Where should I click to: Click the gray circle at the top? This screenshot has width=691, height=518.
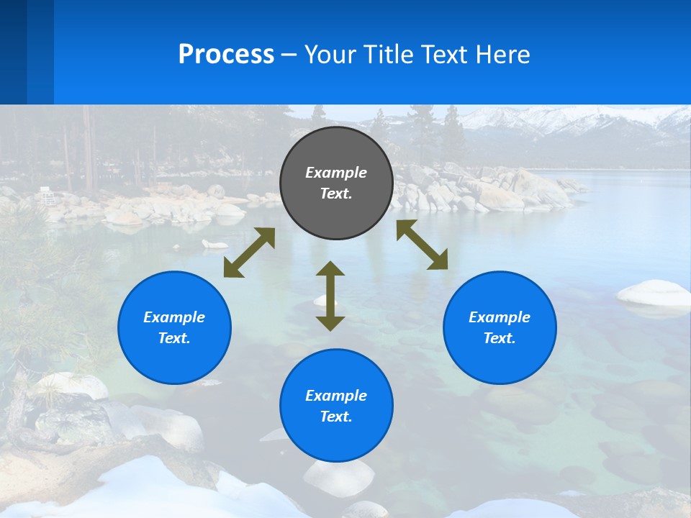[336, 183]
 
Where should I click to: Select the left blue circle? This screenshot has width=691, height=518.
[174, 327]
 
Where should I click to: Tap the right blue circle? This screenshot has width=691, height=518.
[500, 327]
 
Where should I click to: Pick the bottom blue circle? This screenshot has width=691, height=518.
[336, 406]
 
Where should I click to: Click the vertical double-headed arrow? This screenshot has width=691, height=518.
[330, 296]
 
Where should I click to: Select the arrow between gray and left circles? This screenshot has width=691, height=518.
[249, 253]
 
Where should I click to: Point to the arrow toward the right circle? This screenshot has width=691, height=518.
[423, 245]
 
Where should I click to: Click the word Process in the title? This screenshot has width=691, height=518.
[226, 54]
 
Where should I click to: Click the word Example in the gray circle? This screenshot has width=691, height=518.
[336, 173]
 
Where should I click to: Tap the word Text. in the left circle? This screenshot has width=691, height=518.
[174, 338]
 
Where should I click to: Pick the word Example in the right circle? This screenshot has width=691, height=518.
[500, 317]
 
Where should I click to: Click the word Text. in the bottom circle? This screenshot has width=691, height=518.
[336, 417]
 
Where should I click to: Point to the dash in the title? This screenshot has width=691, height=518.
[289, 55]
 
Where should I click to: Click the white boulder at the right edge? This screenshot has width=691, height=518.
[654, 293]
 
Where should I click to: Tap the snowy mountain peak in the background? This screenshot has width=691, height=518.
[547, 118]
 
